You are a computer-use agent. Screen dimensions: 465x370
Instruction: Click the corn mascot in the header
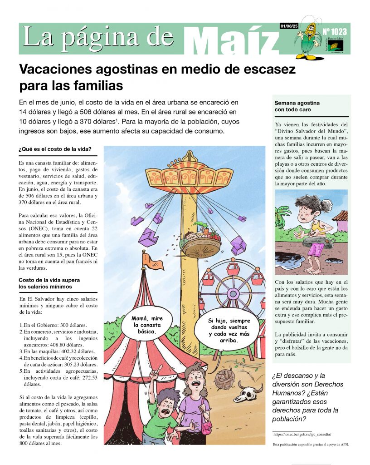[x=309, y=39]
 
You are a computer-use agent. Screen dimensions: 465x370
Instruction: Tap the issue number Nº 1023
[x=335, y=32]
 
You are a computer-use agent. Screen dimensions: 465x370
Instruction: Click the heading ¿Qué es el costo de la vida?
[x=55, y=149]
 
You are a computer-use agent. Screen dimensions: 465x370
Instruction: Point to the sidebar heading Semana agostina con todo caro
[x=299, y=106]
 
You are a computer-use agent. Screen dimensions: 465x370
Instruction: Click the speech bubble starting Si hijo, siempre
[x=229, y=330]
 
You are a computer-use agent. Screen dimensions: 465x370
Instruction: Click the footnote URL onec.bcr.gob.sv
[x=302, y=435]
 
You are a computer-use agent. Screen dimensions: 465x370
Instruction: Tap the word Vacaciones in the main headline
[x=58, y=70]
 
